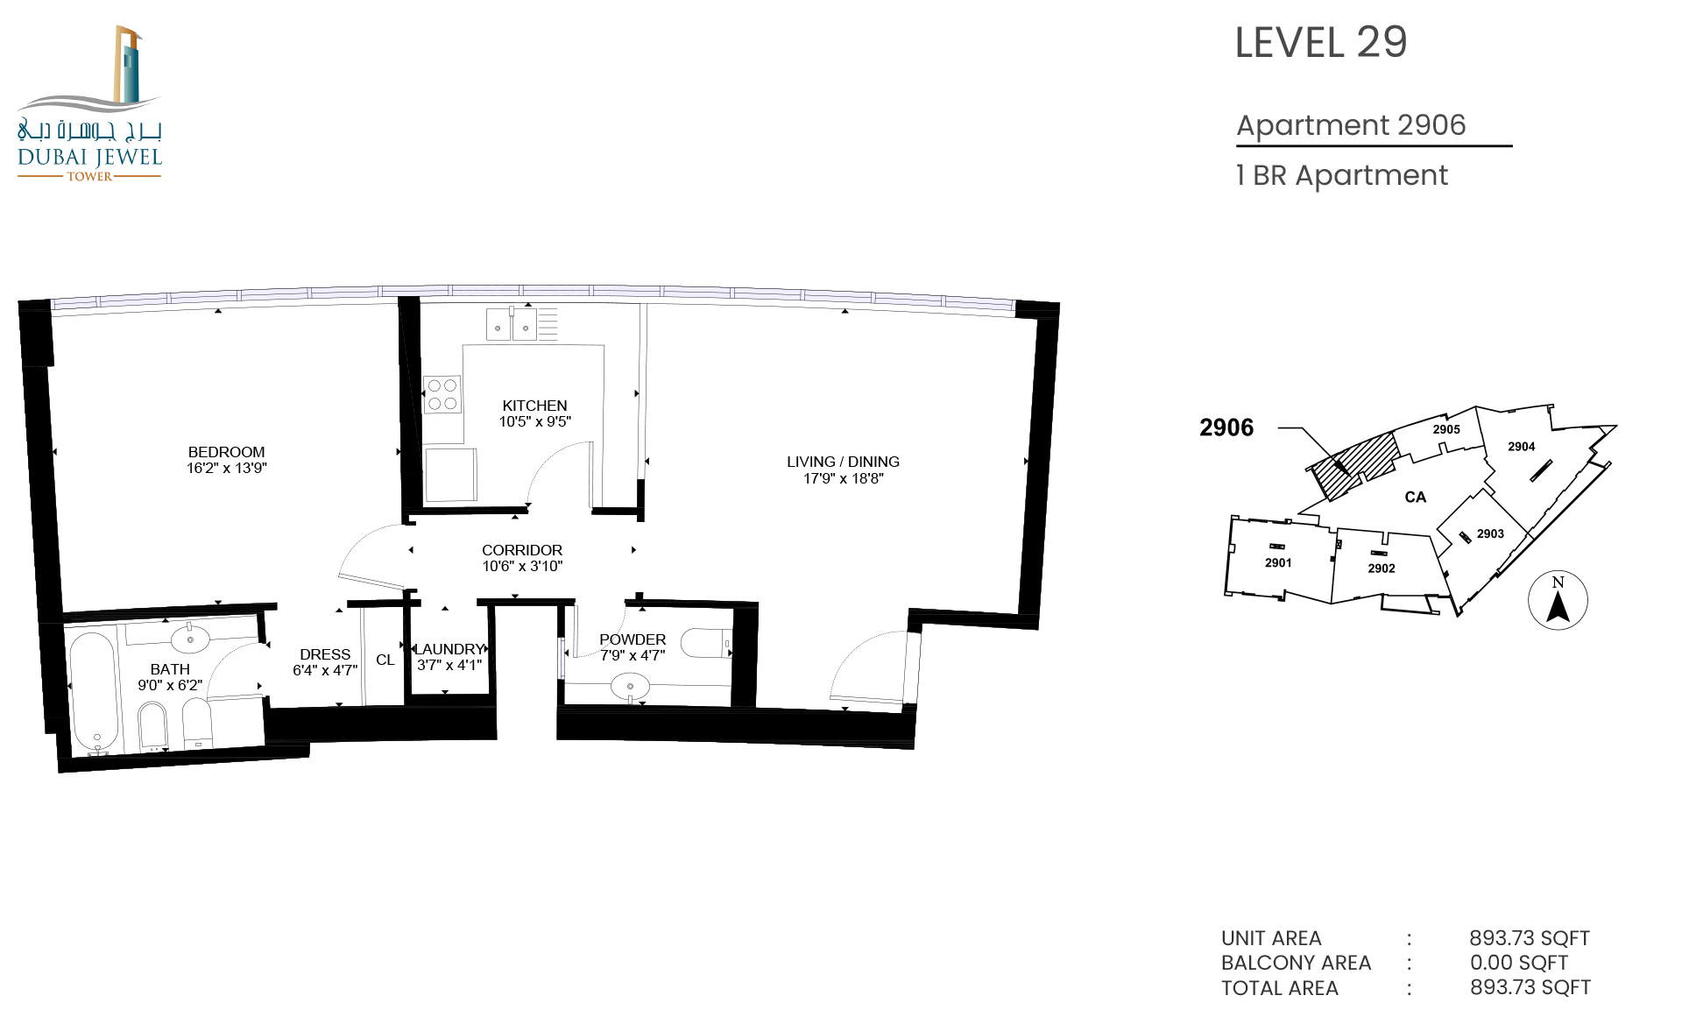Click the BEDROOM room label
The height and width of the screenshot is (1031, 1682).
[x=226, y=452]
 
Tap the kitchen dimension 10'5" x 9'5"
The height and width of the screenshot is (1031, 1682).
[x=534, y=421]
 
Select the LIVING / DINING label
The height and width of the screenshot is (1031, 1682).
[x=843, y=462]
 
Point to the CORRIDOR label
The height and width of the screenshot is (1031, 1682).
[x=522, y=550]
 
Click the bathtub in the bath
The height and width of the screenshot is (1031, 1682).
[x=93, y=692]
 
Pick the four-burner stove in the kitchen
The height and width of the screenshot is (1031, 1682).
[x=442, y=394]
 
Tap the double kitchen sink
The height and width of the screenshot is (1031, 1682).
[x=512, y=324]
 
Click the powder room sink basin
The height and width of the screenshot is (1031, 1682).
[x=630, y=686]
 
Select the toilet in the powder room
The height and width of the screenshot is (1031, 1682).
[x=706, y=643]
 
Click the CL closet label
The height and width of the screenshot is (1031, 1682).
[x=385, y=660]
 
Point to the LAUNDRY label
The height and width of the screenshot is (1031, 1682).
[x=449, y=649]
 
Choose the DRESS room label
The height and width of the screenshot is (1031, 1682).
[x=325, y=654]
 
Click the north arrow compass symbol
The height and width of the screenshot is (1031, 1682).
[x=1558, y=600]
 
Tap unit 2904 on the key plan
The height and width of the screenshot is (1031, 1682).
[x=1522, y=447]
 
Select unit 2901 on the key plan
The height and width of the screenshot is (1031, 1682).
[x=1278, y=562]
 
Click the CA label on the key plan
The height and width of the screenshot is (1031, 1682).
[x=1416, y=498]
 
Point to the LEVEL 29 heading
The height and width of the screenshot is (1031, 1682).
[x=1321, y=42]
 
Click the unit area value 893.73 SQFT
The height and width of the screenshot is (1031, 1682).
[x=1530, y=938]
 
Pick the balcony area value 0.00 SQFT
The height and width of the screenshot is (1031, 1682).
[x=1519, y=963]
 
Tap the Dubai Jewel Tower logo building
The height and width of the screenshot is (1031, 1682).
[x=128, y=66]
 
